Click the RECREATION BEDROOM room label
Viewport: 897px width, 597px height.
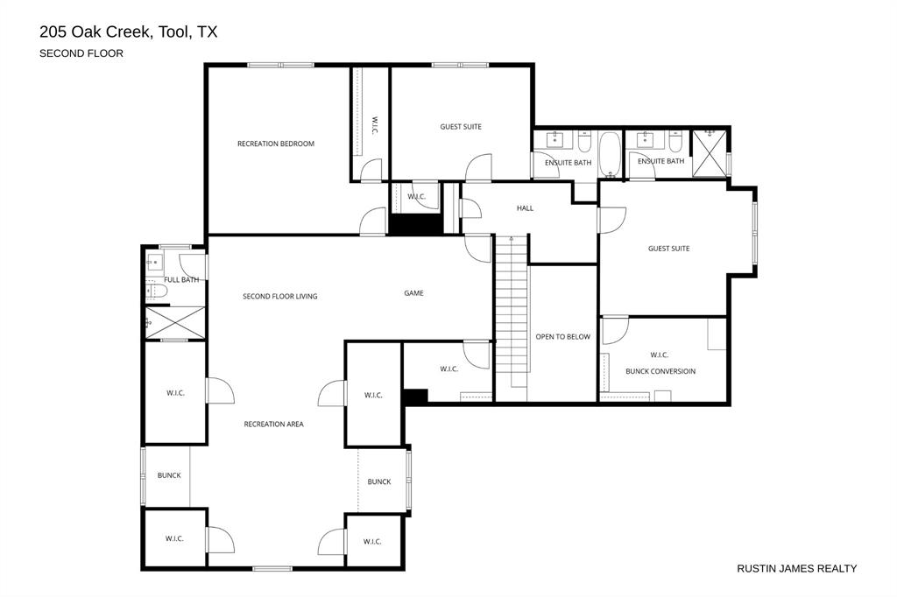click(275, 144)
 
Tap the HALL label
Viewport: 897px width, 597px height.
click(525, 208)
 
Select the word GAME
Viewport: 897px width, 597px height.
click(413, 293)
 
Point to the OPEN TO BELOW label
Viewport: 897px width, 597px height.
click(562, 336)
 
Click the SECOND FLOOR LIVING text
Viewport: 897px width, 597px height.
click(279, 297)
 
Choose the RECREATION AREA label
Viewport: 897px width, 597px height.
click(273, 425)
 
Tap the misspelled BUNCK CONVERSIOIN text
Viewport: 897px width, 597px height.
click(660, 371)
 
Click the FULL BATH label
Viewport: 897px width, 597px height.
click(181, 280)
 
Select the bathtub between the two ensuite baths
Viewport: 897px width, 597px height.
click(609, 155)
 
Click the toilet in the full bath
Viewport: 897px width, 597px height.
click(156, 291)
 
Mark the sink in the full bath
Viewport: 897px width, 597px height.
click(155, 261)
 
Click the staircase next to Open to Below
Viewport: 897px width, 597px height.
click(512, 315)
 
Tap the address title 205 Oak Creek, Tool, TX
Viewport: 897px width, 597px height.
click(128, 32)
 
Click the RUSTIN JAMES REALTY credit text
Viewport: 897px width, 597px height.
click(796, 568)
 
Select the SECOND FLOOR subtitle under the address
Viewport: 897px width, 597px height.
click(81, 53)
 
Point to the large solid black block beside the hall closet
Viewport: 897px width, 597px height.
click(416, 224)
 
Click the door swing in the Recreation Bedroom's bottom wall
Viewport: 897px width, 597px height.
click(374, 221)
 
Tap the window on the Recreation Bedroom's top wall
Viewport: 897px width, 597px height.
click(280, 64)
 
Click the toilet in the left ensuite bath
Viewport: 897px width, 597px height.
click(584, 142)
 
